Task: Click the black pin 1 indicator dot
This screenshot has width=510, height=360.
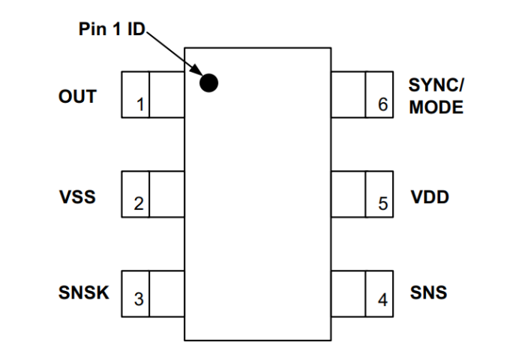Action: [x=209, y=82]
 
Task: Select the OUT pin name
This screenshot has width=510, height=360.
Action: [x=77, y=97]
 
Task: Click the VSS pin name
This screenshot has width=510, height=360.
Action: [x=77, y=198]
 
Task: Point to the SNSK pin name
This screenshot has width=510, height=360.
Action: [x=83, y=292]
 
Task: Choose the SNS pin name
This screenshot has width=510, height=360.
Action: [x=428, y=292]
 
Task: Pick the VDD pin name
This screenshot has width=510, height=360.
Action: [x=430, y=198]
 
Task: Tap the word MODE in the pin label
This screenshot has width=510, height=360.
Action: [x=436, y=107]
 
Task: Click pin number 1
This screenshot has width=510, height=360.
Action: [x=139, y=104]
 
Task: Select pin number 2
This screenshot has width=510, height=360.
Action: [x=139, y=204]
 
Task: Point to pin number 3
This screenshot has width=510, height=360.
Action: [x=139, y=299]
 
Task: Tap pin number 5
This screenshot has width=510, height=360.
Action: [x=382, y=204]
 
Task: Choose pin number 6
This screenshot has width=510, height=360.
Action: [x=382, y=104]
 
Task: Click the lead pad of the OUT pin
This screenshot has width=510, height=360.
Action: [x=153, y=94]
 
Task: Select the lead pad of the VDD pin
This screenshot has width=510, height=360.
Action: [x=362, y=194]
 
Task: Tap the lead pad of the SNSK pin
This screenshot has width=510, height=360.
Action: [x=153, y=293]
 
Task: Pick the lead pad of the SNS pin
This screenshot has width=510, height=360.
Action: [x=362, y=293]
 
